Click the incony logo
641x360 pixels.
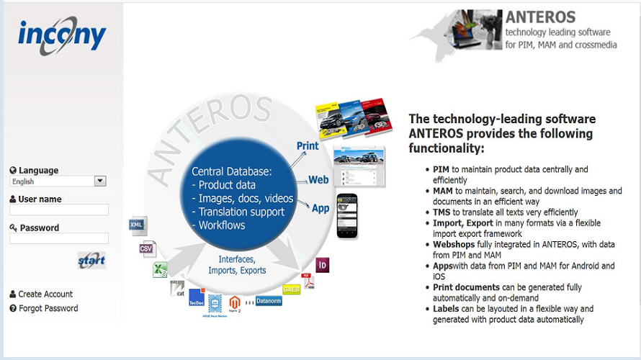pyautogui.click(x=62, y=34)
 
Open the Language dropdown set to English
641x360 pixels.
pyautogui.click(x=58, y=181)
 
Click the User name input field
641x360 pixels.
pyautogui.click(x=59, y=210)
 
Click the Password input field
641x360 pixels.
pyautogui.click(x=59, y=238)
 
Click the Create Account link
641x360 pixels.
pyautogui.click(x=45, y=294)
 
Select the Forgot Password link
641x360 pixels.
pyautogui.click(x=48, y=308)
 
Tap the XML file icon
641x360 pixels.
pyautogui.click(x=138, y=225)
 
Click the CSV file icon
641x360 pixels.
pyautogui.click(x=148, y=249)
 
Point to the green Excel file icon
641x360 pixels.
pyautogui.click(x=160, y=270)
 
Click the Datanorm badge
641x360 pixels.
pyautogui.click(x=268, y=301)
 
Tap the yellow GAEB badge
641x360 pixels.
pyautogui.click(x=292, y=289)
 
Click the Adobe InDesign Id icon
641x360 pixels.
pyautogui.click(x=323, y=264)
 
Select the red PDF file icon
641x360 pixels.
pyautogui.click(x=308, y=280)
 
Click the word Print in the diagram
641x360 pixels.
pyautogui.click(x=308, y=146)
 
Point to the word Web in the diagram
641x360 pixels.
pyautogui.click(x=318, y=180)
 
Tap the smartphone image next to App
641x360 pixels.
pyautogui.click(x=347, y=215)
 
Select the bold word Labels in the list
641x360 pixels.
pyautogui.click(x=447, y=309)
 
